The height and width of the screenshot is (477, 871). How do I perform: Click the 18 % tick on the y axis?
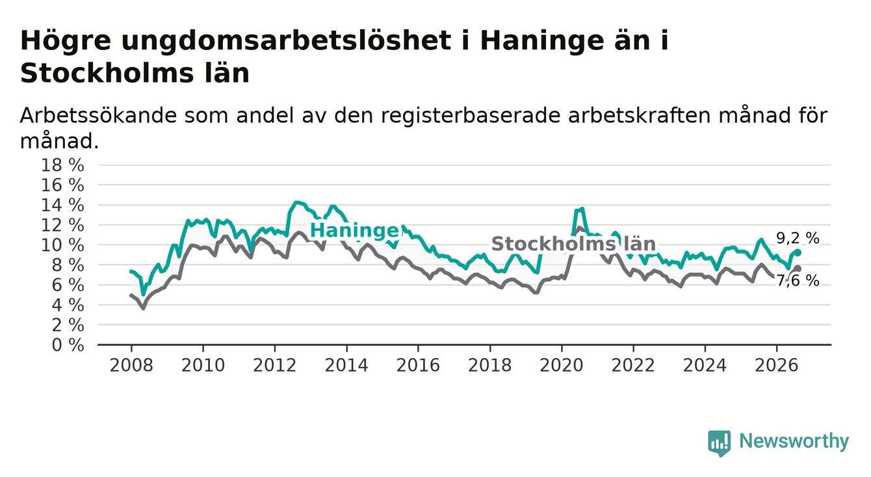point(62,165)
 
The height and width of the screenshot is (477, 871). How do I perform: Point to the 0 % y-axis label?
point(68,345)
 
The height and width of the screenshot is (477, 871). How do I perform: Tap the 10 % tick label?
point(62,245)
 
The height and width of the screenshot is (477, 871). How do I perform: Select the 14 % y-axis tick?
point(62,205)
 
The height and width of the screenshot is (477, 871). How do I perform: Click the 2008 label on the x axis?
point(131,365)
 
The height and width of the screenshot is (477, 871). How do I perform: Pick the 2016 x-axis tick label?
point(418,365)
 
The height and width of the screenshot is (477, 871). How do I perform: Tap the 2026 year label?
point(777,365)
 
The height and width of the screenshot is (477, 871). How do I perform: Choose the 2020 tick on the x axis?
point(562,365)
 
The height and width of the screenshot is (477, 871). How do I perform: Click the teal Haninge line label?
point(355,231)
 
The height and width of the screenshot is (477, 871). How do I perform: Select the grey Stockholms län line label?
point(573,244)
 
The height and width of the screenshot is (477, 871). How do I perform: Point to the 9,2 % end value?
point(798,238)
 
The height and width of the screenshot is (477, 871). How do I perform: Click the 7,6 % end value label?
point(798,280)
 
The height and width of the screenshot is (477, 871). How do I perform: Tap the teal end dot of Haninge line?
point(798,253)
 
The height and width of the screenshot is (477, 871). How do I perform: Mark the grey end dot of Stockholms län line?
point(798,268)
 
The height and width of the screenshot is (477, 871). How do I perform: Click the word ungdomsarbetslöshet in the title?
point(286,41)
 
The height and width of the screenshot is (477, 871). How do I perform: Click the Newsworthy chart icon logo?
point(720,443)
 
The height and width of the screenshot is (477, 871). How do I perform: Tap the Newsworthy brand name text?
point(794,441)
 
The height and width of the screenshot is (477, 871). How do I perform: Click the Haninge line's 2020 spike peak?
point(582,209)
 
